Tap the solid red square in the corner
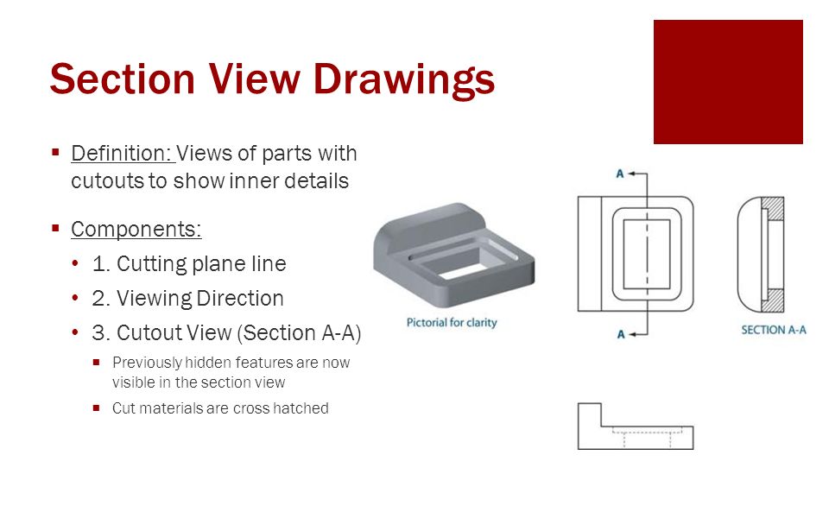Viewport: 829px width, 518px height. [728, 82]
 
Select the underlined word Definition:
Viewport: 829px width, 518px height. [123, 154]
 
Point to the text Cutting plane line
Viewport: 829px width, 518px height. [200, 263]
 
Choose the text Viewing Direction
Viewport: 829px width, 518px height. [199, 299]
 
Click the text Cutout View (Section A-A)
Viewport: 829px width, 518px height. [237, 333]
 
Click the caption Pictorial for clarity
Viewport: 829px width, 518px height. [452, 323]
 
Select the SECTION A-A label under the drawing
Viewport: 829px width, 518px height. [773, 330]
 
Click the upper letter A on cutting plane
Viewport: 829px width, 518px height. [620, 174]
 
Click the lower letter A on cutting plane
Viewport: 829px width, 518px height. [620, 334]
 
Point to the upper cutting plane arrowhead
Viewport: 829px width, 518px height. [634, 174]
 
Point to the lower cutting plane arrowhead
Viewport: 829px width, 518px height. [634, 332]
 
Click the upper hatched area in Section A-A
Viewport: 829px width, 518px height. [774, 209]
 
